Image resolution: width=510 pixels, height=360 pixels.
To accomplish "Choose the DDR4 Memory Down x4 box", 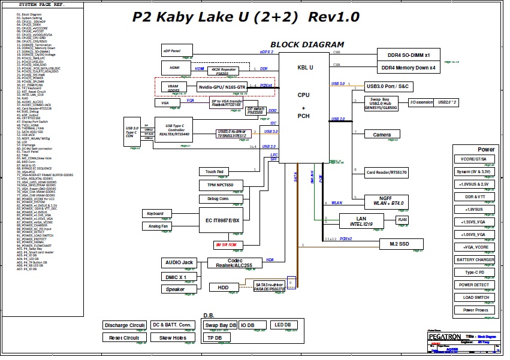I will click(x=409, y=68).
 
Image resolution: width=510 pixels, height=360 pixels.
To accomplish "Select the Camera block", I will click(x=382, y=134).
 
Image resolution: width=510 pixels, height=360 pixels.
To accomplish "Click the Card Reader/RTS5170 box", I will click(x=387, y=173).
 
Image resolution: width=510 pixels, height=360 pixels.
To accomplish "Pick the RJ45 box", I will click(x=403, y=220).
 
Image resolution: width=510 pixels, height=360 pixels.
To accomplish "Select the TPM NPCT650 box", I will click(x=221, y=186).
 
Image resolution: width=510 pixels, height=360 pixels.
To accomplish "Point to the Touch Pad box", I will click(x=215, y=172).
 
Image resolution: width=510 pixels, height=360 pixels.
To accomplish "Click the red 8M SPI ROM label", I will click(x=229, y=245).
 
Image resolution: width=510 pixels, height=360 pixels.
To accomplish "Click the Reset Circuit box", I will click(x=124, y=338).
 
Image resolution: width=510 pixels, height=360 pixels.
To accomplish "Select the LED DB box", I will click(x=283, y=325).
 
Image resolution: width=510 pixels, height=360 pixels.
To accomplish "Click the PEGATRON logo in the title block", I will click(x=445, y=337).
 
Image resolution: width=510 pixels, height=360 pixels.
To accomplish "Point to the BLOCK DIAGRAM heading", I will click(x=307, y=44).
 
